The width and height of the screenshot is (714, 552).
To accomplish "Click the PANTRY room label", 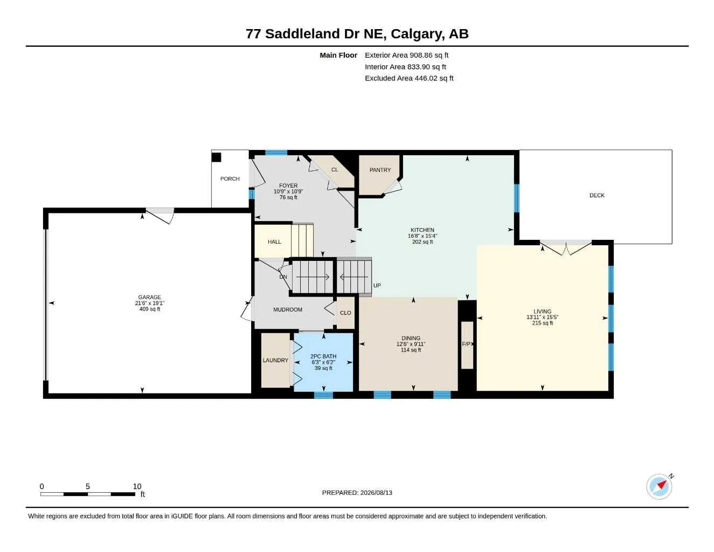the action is (380, 170).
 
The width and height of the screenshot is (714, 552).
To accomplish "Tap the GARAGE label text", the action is (149, 297).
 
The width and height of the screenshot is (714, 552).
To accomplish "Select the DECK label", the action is (597, 195).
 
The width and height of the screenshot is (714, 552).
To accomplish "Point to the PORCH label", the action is (230, 178).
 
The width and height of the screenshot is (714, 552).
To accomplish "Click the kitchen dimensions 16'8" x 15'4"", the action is (422, 236).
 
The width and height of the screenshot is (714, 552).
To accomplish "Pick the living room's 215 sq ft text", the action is (542, 323).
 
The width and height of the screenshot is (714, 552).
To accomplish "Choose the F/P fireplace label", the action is (466, 344).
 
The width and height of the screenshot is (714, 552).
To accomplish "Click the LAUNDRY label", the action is (275, 360).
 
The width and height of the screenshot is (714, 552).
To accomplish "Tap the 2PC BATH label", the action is (323, 356).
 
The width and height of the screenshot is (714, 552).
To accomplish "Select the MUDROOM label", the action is (288, 309).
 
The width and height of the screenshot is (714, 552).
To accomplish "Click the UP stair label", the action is (377, 285).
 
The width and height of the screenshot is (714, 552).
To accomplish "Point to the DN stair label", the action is (283, 277).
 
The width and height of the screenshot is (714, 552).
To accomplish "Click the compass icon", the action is (659, 486).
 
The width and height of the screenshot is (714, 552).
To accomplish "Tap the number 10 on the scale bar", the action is (137, 486).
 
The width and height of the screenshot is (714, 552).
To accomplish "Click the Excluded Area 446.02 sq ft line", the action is (409, 78).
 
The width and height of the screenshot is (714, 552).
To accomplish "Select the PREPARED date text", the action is (357, 493).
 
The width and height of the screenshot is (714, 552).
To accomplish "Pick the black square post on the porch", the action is (216, 157).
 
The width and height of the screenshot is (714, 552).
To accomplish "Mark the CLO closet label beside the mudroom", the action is (345, 313).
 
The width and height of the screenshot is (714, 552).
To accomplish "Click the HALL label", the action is (274, 242).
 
